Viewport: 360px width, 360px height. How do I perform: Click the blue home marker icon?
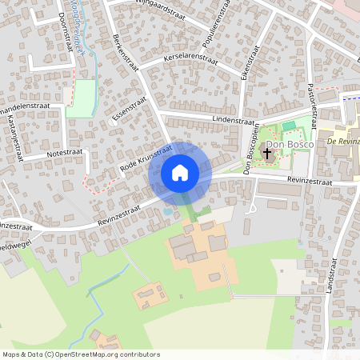coord(179,173)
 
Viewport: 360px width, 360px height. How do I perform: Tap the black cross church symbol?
coord(266,150)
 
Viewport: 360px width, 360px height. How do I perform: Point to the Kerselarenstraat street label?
coord(190,58)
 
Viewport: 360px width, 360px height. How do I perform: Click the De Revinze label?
coord(343,141)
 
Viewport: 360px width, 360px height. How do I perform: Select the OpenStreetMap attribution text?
coord(81,354)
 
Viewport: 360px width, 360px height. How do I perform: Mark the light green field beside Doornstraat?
coord(80,98)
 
